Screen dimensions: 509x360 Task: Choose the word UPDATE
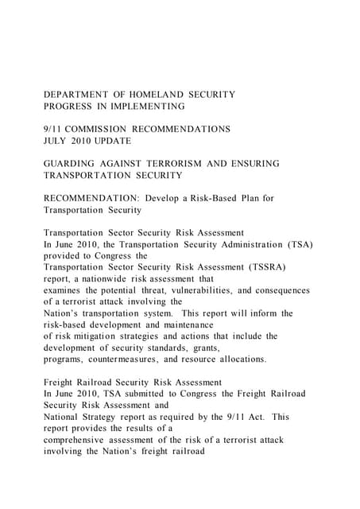112,140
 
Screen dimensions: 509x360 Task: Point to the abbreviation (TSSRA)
260,267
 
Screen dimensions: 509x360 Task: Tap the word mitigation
91,336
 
